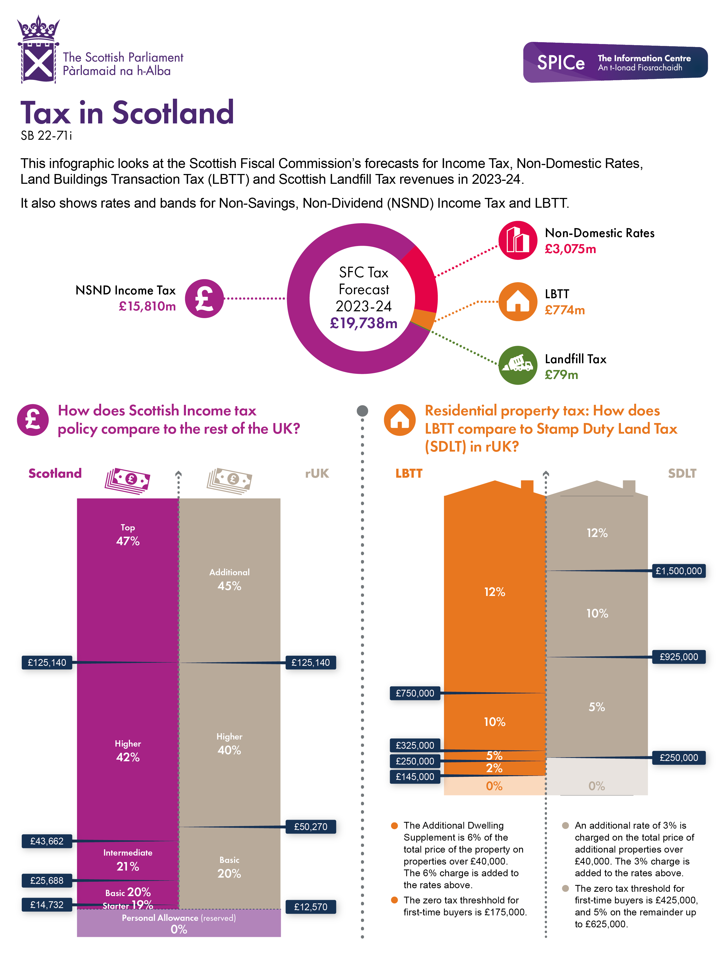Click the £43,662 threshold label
pyautogui.click(x=46, y=841)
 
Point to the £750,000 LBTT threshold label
pyautogui.click(x=415, y=693)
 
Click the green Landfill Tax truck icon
pyautogui.click(x=517, y=365)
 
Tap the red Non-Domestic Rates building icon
pyautogui.click(x=517, y=240)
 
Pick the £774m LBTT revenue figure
pyautogui.click(x=564, y=310)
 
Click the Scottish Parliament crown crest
pyautogui.click(x=38, y=50)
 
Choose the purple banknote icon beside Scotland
pyautogui.click(x=127, y=480)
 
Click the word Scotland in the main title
pyautogui.click(x=173, y=113)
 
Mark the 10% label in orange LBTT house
pyautogui.click(x=494, y=722)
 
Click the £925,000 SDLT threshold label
pyautogui.click(x=679, y=657)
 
